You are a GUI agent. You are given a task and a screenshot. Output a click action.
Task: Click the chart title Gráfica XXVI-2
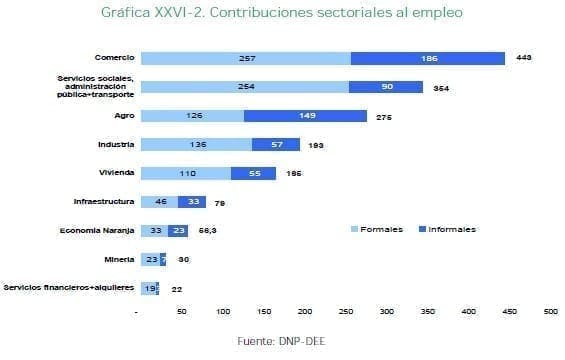point(282,14)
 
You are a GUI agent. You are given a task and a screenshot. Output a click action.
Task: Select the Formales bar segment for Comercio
point(246,58)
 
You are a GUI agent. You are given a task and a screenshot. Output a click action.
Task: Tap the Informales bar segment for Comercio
point(428,58)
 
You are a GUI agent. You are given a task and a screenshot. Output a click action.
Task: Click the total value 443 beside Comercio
point(523,58)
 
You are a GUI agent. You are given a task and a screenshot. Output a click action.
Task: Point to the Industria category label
point(115,144)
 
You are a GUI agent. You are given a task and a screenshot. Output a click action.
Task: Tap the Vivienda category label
point(115,173)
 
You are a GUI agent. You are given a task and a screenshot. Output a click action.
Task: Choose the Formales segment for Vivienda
point(186,173)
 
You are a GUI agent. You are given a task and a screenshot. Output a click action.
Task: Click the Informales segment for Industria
point(275,144)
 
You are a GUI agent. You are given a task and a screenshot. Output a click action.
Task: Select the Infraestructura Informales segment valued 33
point(192,201)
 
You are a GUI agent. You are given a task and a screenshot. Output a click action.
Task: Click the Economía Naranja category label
point(97,230)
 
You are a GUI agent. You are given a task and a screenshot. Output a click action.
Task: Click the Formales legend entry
point(375,229)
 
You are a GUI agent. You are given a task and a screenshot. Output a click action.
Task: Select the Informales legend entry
point(446,229)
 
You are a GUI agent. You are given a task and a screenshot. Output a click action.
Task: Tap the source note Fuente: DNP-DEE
point(282,342)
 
